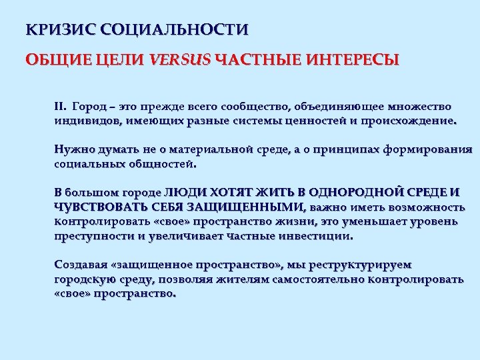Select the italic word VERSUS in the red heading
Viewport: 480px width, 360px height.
(x=180, y=61)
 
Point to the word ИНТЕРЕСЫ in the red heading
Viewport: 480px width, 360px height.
(x=353, y=61)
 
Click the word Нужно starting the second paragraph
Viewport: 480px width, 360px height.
(x=73, y=149)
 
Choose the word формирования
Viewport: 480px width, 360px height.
(x=436, y=149)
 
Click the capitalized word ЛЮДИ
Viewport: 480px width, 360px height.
(x=180, y=193)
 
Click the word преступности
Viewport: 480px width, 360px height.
(x=94, y=235)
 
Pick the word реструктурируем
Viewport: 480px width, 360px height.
(x=354, y=265)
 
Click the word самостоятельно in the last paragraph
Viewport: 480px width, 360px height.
(x=320, y=279)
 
